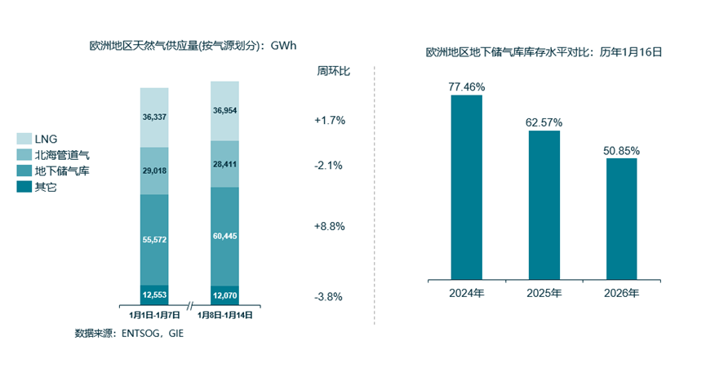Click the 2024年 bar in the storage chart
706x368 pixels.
point(466,187)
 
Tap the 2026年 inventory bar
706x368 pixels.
point(621,218)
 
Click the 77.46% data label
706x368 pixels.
point(467,86)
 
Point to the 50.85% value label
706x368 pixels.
point(621,150)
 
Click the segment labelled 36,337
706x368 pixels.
point(154,117)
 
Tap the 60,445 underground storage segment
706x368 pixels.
point(225,237)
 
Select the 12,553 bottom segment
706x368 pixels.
point(154,295)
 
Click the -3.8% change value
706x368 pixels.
point(329,296)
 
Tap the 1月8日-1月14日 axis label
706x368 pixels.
point(226,314)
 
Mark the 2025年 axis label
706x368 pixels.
point(544,293)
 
